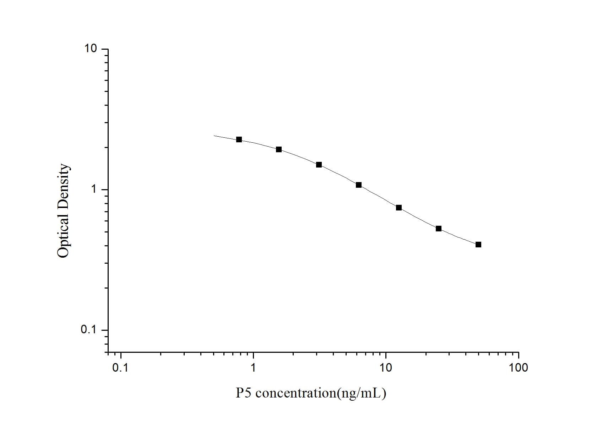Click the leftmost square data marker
click(x=239, y=139)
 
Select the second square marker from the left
click(x=279, y=149)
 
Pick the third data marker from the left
click(x=319, y=165)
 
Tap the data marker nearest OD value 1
click(x=359, y=185)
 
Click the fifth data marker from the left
click(x=399, y=208)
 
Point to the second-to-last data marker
click(x=439, y=229)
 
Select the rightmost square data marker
click(x=478, y=245)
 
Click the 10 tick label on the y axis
click(x=91, y=48)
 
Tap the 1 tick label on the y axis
click(x=94, y=189)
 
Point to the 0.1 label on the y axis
click(x=89, y=330)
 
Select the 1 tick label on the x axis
click(x=253, y=368)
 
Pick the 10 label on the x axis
click(x=386, y=368)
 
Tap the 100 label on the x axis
click(x=518, y=368)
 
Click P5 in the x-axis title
click(x=244, y=393)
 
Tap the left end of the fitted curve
click(x=214, y=136)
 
